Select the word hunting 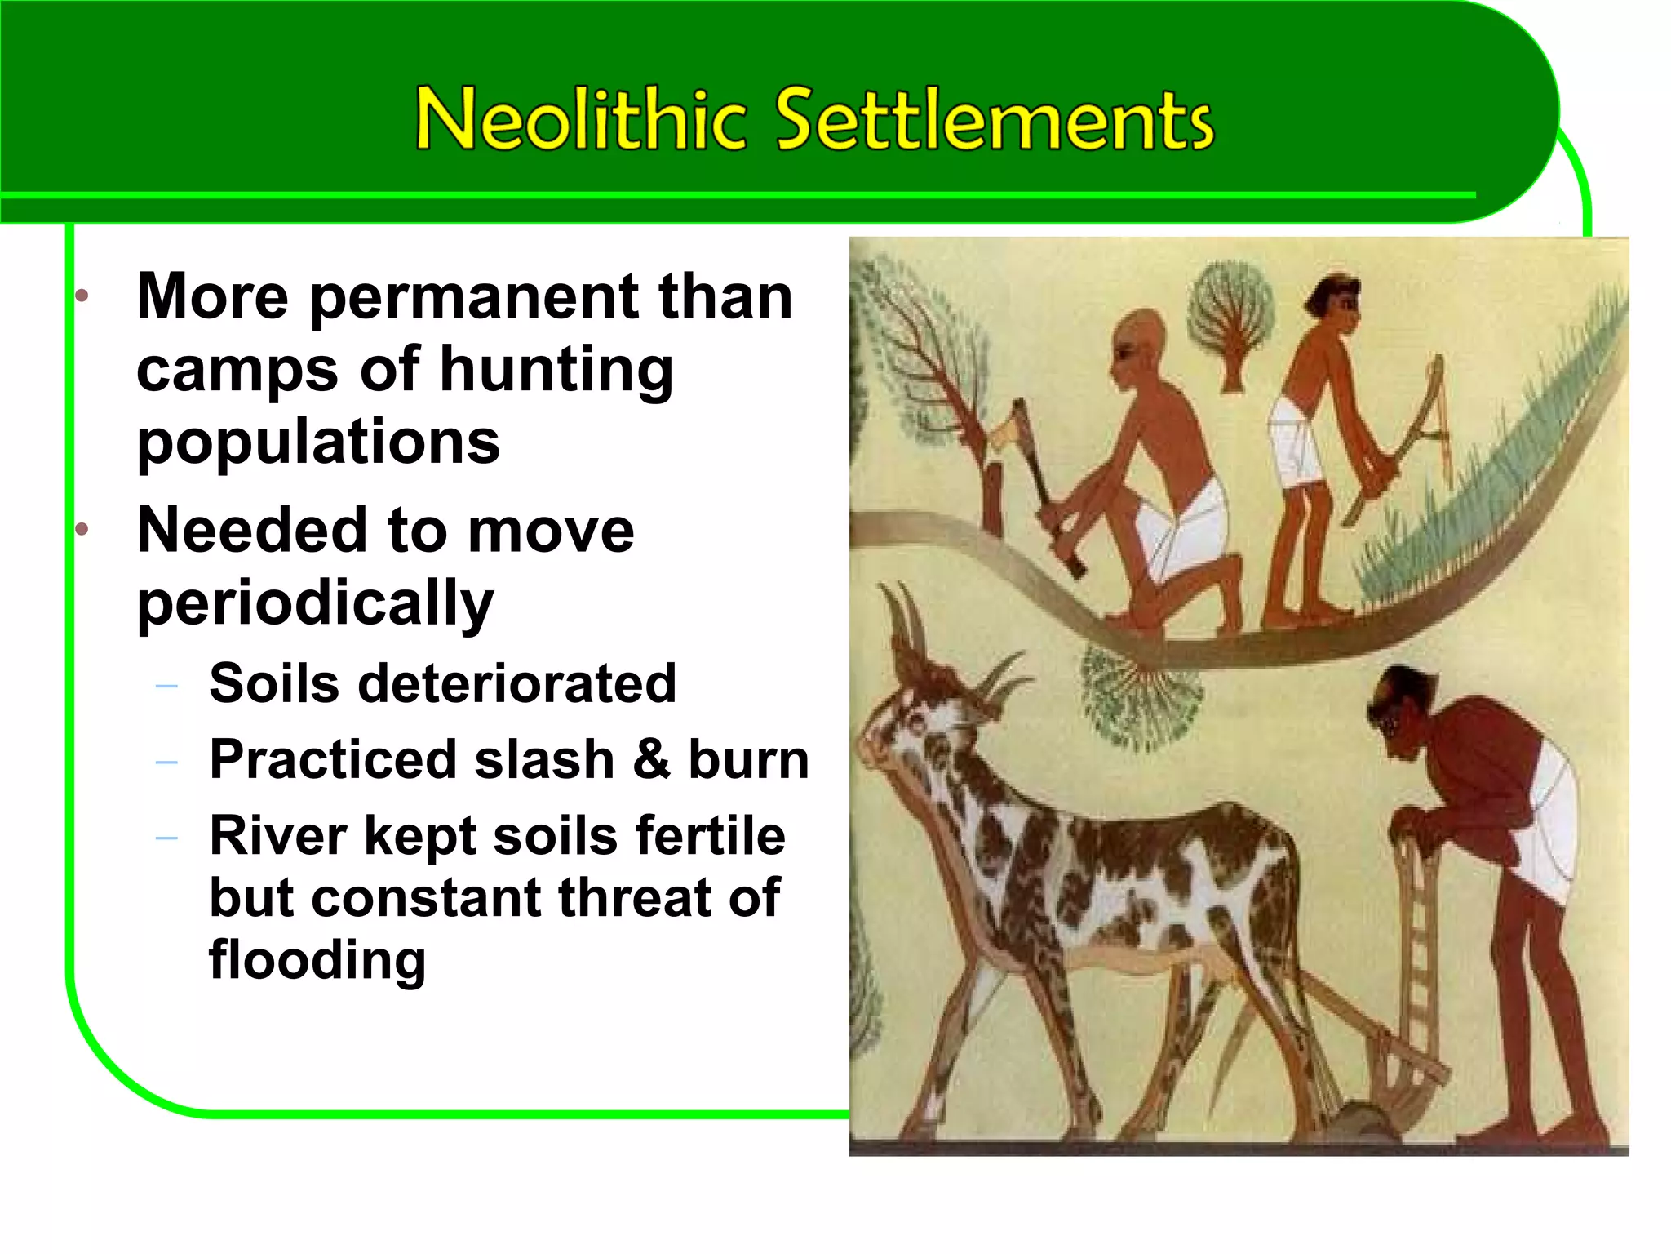click(556, 370)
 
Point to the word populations click(318, 442)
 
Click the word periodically click(315, 603)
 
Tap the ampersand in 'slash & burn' click(651, 759)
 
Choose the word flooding click(317, 959)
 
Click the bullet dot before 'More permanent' click(82, 296)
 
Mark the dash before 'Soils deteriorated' click(166, 687)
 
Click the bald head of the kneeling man click(1141, 335)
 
